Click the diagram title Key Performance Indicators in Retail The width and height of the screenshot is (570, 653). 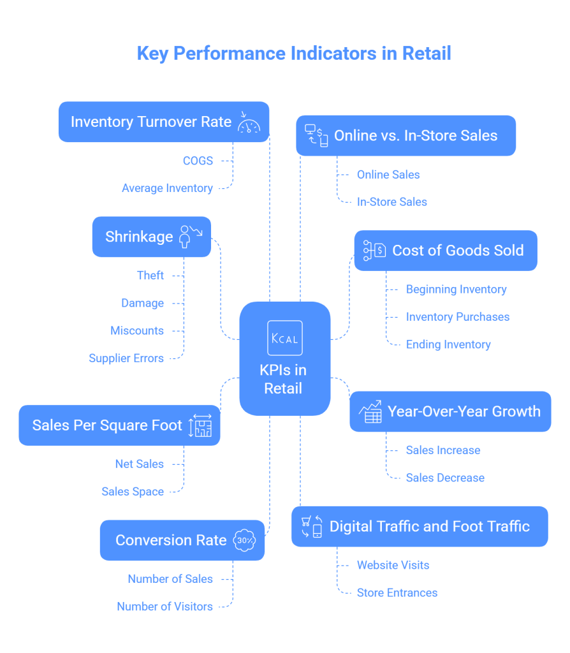[294, 53]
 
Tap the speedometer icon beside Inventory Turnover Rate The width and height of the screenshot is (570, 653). [249, 122]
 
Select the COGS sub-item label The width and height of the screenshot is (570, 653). [198, 161]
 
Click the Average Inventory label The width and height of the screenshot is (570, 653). [167, 188]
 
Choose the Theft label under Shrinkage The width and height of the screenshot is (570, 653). [150, 275]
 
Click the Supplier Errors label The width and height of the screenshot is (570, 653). [126, 358]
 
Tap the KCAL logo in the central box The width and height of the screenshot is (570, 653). [284, 338]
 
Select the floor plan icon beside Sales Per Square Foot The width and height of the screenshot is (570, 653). [200, 426]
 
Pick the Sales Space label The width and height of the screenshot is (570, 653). [133, 492]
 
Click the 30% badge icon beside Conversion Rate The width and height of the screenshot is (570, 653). [245, 540]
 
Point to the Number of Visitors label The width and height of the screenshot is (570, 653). [164, 606]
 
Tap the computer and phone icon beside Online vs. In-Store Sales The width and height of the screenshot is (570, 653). [316, 135]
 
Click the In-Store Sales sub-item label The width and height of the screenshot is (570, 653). [391, 202]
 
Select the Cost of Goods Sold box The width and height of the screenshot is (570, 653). [445, 251]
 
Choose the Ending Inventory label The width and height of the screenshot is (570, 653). [448, 344]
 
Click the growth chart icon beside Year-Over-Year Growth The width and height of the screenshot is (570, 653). [370, 412]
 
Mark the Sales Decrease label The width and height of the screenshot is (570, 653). [445, 478]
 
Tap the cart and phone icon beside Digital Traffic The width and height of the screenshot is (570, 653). [312, 527]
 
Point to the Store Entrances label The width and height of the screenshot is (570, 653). [397, 592]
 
